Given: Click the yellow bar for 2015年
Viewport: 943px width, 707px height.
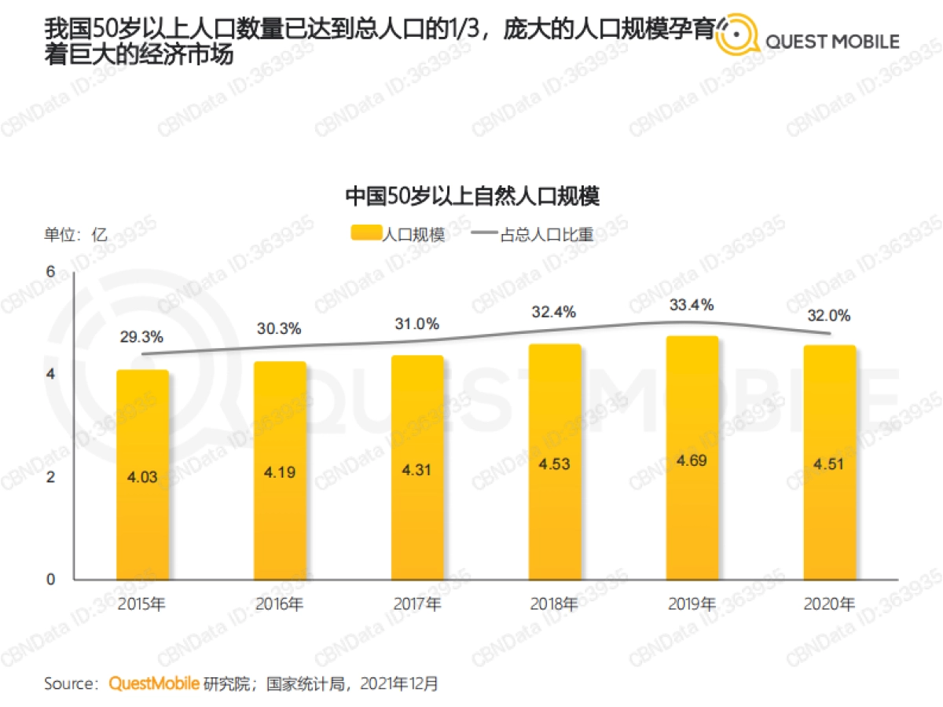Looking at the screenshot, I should point(142,474).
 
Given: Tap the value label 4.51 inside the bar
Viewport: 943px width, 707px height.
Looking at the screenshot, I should point(830,463).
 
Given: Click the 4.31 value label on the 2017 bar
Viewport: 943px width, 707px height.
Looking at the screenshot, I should point(417,471).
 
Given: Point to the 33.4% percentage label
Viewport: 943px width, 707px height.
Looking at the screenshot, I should point(692,305).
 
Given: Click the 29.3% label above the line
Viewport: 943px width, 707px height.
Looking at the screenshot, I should point(142,337).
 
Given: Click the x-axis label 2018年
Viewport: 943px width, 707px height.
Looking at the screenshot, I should point(555,604).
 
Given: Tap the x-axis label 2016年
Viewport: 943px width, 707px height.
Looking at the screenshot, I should point(280,604).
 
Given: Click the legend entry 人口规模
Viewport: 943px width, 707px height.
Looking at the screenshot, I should point(398,235).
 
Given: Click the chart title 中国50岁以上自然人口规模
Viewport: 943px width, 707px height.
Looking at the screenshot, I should point(472,196).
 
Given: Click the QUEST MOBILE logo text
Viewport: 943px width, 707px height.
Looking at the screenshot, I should point(832,42).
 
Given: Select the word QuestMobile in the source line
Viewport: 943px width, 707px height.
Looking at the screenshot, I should point(153,683).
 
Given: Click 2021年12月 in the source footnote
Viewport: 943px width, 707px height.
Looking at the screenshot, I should point(399,683).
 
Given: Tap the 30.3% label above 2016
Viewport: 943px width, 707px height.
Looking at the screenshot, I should point(280,329).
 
